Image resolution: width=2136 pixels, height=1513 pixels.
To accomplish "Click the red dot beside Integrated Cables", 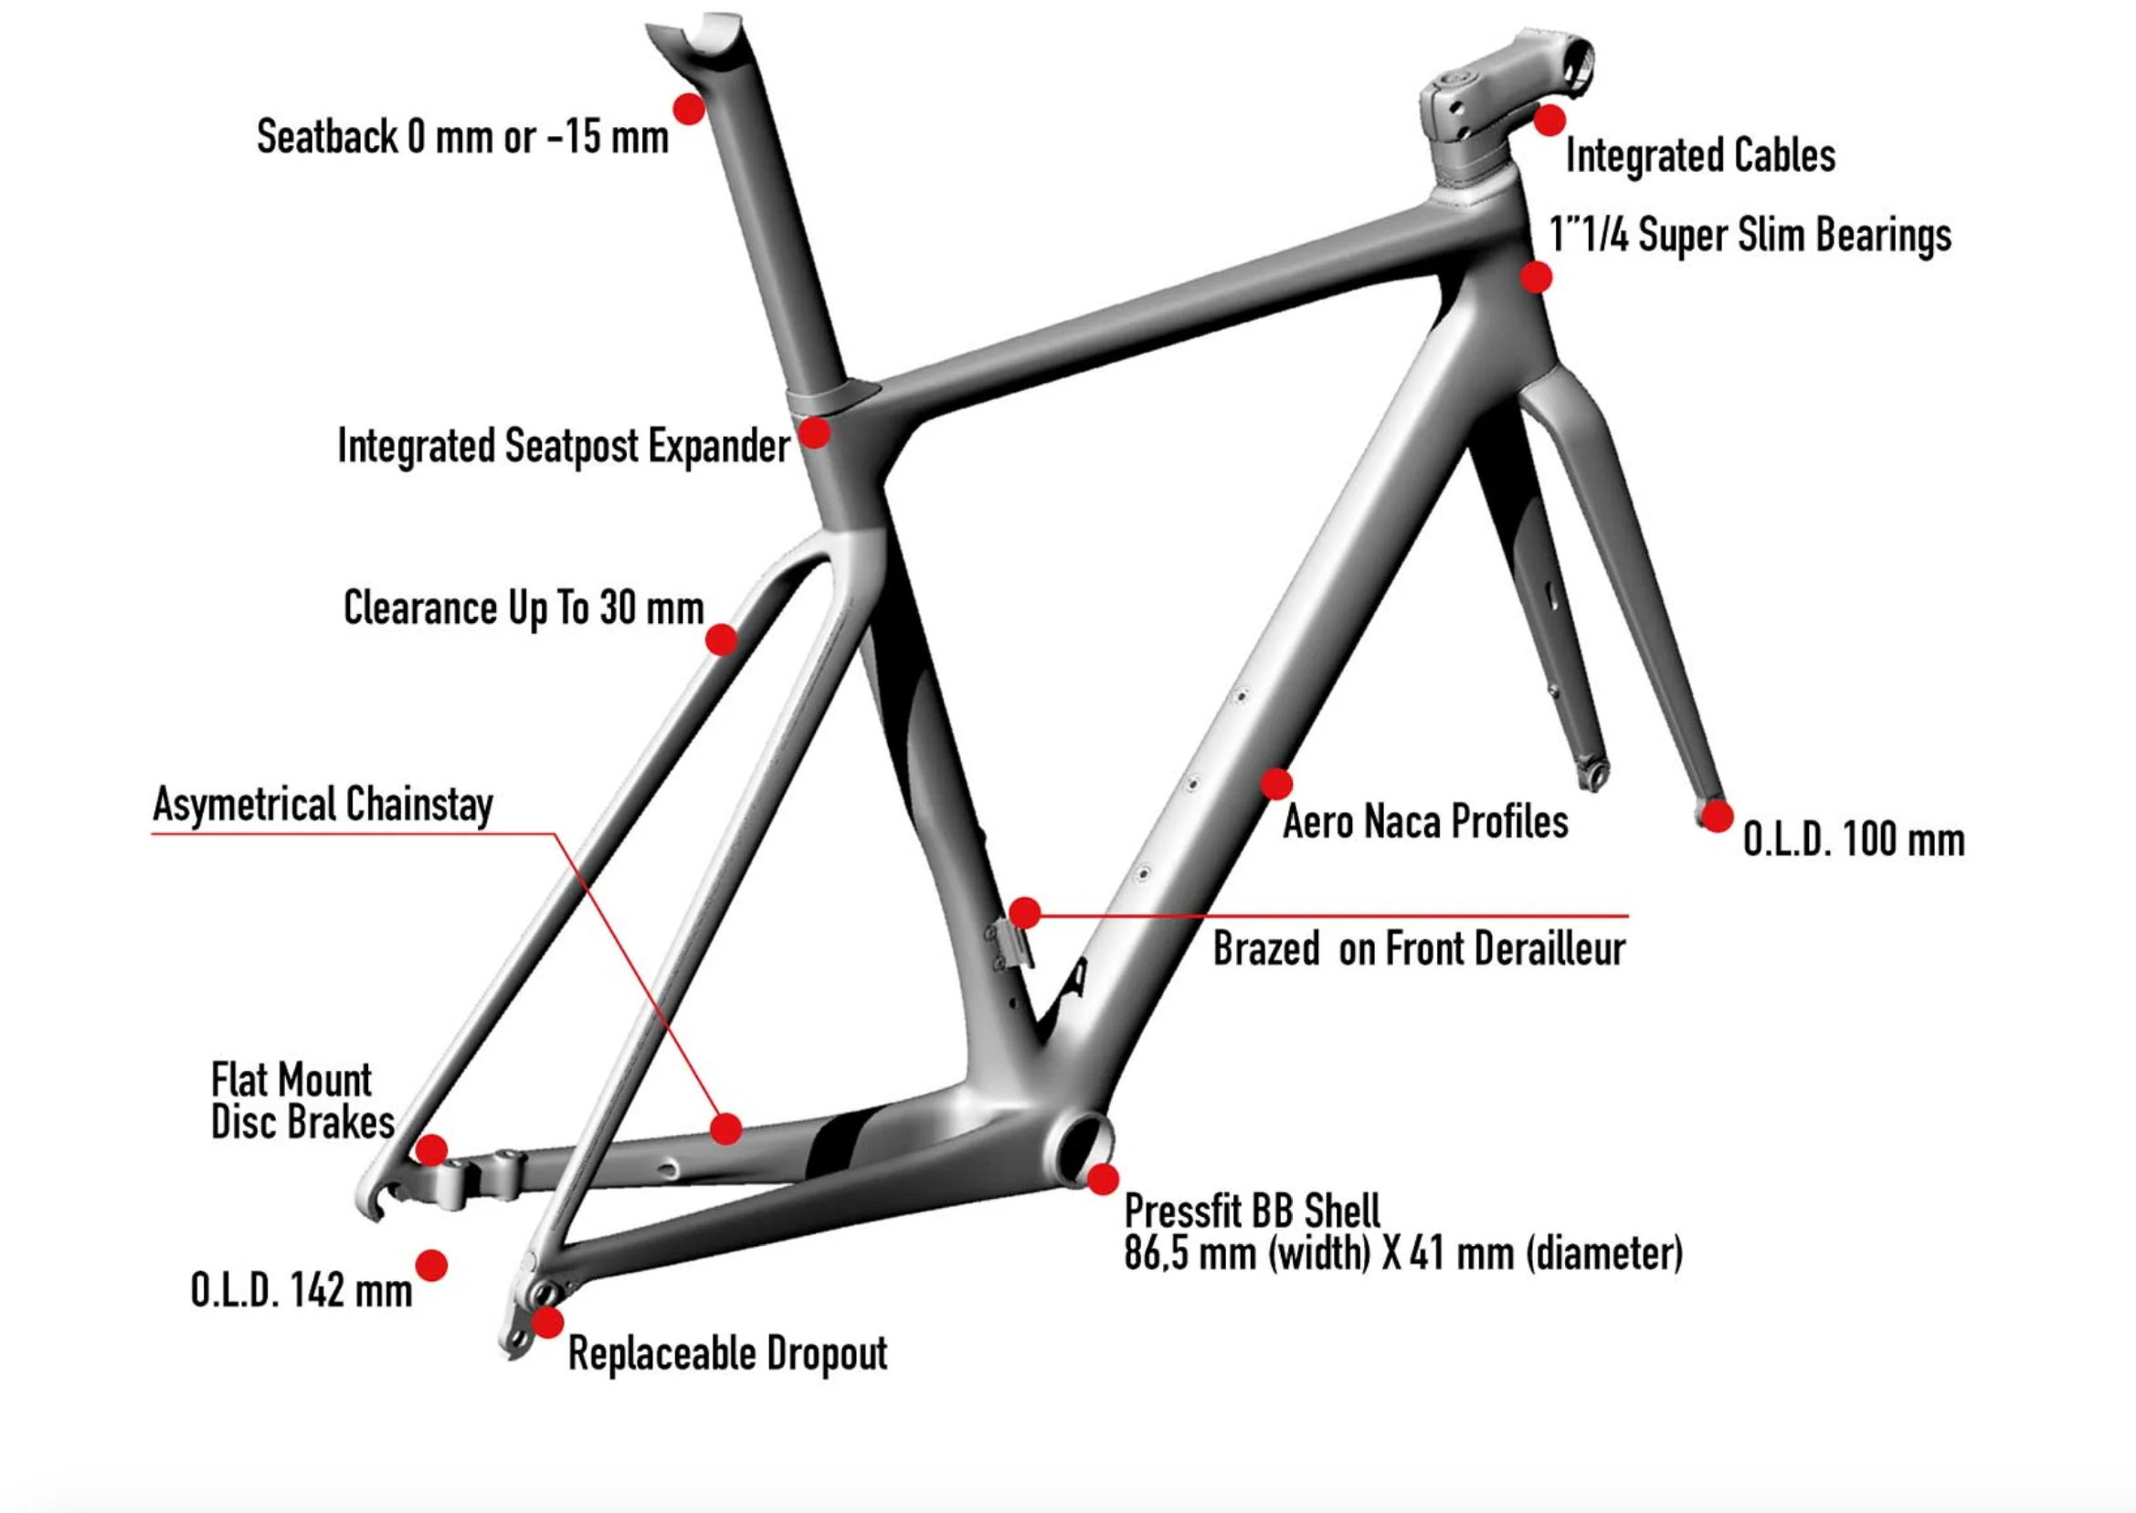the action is click(1550, 121).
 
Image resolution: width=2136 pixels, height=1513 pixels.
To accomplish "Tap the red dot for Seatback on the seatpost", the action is click(690, 109).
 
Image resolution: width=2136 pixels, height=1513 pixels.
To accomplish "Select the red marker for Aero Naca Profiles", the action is click(1276, 785).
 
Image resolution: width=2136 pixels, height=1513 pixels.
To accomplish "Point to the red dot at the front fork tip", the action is click(1716, 816).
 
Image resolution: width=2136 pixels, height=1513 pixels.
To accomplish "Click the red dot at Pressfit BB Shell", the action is click(1103, 1180).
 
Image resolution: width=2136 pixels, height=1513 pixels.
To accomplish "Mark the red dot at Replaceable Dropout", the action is click(548, 1322).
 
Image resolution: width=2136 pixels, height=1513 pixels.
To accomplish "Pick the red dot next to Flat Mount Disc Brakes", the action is click(431, 1149).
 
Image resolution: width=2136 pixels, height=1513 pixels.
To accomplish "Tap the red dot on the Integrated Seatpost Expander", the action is click(815, 432).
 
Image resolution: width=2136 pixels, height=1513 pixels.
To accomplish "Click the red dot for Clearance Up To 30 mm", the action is click(722, 640).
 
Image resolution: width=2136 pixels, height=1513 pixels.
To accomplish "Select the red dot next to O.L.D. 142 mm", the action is click(431, 1265).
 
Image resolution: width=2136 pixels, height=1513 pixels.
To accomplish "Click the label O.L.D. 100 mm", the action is click(1854, 840).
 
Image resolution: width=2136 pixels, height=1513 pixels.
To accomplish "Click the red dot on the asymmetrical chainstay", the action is click(725, 1129).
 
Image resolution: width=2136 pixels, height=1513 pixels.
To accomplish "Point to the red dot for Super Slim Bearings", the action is click(1536, 277).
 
